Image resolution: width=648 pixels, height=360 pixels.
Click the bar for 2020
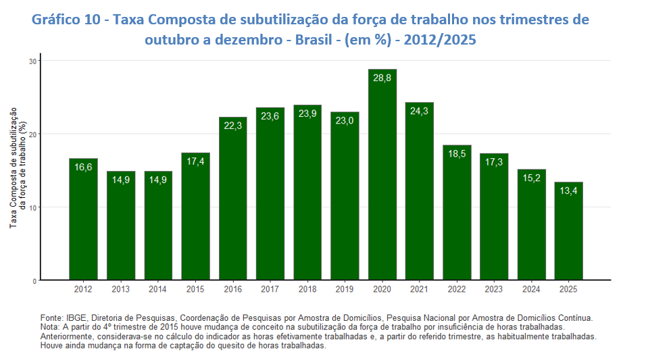pyautogui.click(x=382, y=176)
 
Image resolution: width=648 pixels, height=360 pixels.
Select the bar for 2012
pyautogui.click(x=83, y=220)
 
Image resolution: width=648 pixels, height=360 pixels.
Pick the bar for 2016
pyautogui.click(x=233, y=199)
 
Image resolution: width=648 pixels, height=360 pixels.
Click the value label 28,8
pyautogui.click(x=382, y=78)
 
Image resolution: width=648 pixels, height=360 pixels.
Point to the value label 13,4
pyautogui.click(x=569, y=191)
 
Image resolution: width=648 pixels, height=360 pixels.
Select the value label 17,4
pyautogui.click(x=195, y=162)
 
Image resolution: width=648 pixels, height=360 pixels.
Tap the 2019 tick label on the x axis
pyautogui.click(x=345, y=290)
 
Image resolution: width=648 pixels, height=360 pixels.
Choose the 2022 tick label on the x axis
pyautogui.click(x=457, y=290)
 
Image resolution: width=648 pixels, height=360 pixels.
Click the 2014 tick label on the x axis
pyautogui.click(x=158, y=290)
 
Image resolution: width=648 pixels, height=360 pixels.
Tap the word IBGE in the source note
pyautogui.click(x=76, y=317)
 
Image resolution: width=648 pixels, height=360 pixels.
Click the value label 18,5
pyautogui.click(x=457, y=155)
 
